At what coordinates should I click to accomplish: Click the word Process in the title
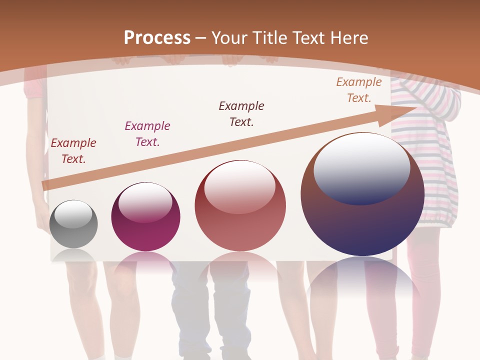157,38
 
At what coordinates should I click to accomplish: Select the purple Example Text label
147,134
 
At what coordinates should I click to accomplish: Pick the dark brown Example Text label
241,113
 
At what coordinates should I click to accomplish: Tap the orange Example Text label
358,90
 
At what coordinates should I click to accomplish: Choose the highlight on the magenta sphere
145,202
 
